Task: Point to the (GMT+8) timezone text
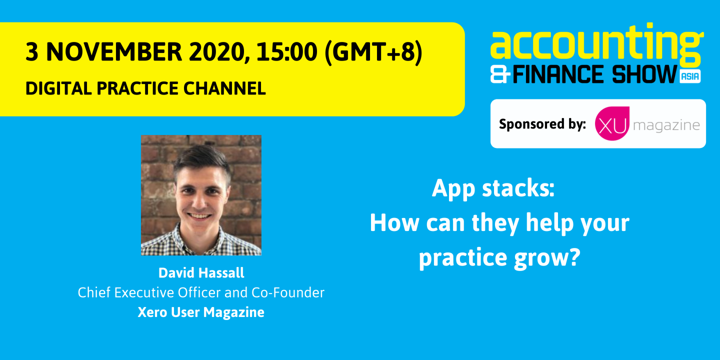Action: [x=373, y=53]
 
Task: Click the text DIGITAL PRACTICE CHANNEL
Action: [x=145, y=88]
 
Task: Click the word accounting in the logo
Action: [x=597, y=43]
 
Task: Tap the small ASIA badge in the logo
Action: [x=690, y=76]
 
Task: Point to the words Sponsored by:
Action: [x=542, y=124]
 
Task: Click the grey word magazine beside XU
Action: [x=666, y=124]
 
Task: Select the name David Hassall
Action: [x=201, y=272]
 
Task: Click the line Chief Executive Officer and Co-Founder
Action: [x=201, y=292]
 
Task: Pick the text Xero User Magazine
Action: [x=201, y=312]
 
